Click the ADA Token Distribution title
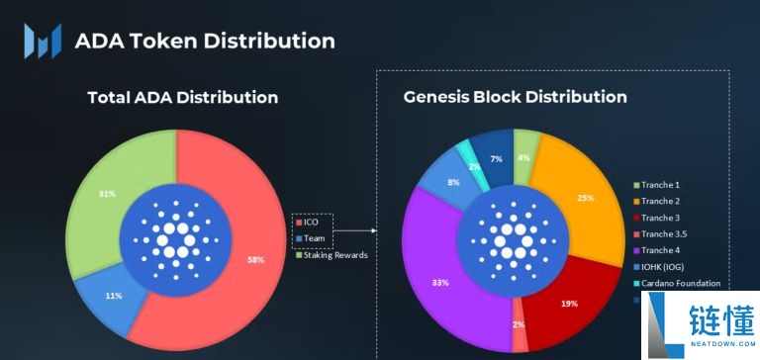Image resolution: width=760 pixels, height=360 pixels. [205, 41]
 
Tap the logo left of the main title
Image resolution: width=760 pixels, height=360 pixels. [43, 42]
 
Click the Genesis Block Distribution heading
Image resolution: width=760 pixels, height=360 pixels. [515, 97]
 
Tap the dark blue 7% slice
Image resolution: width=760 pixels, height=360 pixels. [496, 159]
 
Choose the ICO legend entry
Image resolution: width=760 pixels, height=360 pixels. [314, 223]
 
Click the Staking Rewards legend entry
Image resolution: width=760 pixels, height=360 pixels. [332, 255]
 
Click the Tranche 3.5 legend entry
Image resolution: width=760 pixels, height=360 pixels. [664, 233]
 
